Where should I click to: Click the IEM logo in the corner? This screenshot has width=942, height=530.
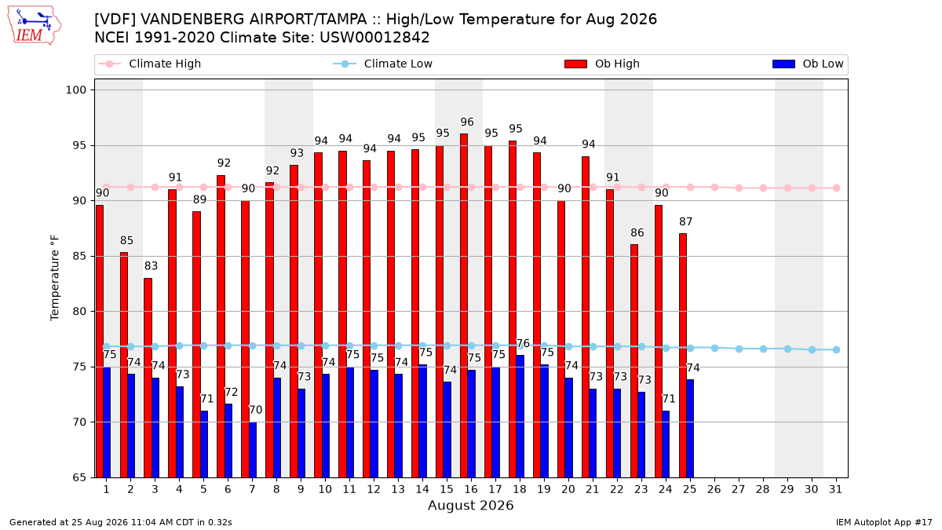[34, 26]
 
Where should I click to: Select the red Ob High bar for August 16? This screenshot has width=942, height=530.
[464, 305]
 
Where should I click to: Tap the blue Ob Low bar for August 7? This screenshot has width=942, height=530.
[252, 450]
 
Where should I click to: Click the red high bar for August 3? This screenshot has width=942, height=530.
[148, 378]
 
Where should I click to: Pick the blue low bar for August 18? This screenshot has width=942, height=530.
[520, 416]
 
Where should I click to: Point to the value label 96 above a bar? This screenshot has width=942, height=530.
[467, 122]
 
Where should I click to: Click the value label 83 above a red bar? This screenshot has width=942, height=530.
[151, 266]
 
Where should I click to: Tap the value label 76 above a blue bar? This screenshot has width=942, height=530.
[523, 343]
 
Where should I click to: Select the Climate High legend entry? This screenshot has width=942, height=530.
[149, 64]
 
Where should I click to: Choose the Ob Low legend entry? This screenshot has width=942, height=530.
[808, 64]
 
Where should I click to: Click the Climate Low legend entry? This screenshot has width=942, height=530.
[383, 64]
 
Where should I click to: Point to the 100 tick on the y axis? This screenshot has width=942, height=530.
[75, 90]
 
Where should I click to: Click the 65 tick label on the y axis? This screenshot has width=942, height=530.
[79, 477]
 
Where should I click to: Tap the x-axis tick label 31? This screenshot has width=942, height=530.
[835, 490]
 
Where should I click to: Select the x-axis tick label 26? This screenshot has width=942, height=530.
[714, 490]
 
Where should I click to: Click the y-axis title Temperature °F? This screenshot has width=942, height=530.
[55, 278]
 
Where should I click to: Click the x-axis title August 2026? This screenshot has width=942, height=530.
[470, 505]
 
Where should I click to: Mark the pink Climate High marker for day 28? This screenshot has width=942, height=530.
[763, 188]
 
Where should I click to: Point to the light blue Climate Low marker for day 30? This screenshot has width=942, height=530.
[812, 349]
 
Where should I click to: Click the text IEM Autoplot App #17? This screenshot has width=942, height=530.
[884, 522]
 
